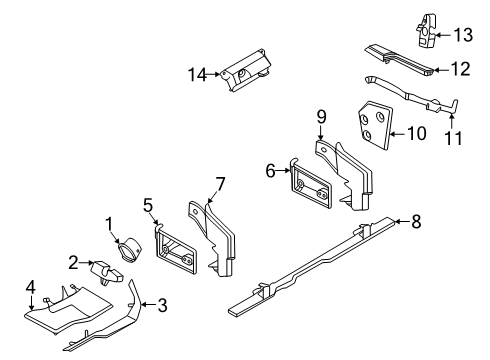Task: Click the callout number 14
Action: point(198,74)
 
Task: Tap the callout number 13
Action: point(463,35)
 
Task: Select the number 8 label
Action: point(416,221)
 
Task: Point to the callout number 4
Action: point(31,287)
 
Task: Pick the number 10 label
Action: point(416,133)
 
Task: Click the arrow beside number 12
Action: point(441,70)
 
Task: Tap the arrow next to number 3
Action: point(148,304)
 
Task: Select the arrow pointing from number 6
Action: point(284,171)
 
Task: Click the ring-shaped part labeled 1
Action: point(129,251)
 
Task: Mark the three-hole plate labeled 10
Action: point(375,125)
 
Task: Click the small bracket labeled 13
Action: point(427,31)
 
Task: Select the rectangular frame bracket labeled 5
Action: point(176,249)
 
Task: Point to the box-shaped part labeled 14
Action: point(246,70)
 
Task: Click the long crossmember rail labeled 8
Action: point(312,266)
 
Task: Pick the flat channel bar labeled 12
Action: point(399,60)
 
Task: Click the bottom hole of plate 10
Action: point(367,135)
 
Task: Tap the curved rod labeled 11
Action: point(411,95)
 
